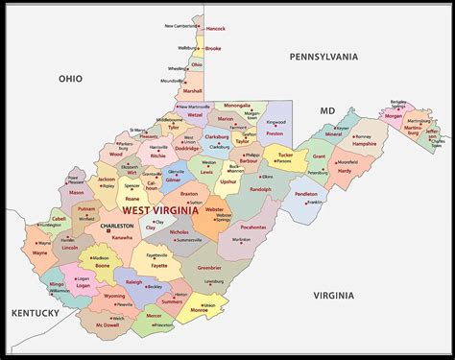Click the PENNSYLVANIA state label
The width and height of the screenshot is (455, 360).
[323, 57]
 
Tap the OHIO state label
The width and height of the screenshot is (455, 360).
[70, 79]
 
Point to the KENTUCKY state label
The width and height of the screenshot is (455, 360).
[36, 313]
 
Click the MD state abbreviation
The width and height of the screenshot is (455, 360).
[326, 110]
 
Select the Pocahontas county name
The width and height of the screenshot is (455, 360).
[253, 228]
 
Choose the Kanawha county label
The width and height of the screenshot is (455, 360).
[122, 236]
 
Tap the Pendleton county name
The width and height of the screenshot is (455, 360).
[306, 194]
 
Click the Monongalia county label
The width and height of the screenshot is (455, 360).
[237, 105]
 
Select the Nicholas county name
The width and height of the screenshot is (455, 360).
[179, 231]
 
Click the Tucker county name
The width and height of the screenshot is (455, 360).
[284, 154]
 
